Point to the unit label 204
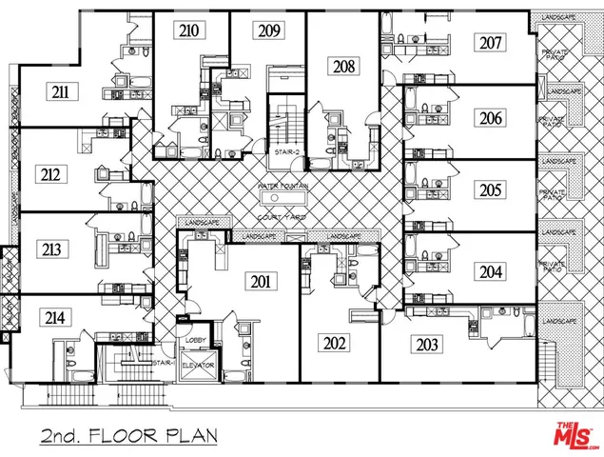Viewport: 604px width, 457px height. (x=490, y=271)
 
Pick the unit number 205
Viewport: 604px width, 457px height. (x=490, y=190)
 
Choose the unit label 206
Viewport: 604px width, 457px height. (x=490, y=118)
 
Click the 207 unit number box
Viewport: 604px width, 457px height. (x=491, y=42)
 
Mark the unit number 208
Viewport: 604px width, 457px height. (x=342, y=66)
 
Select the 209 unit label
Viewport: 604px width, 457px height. (x=269, y=31)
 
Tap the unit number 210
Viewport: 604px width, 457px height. (x=188, y=31)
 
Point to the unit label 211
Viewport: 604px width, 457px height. (x=64, y=92)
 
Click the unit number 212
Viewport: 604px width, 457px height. (x=51, y=173)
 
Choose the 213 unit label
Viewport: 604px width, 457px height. (x=51, y=250)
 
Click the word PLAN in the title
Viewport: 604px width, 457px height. (x=191, y=437)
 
